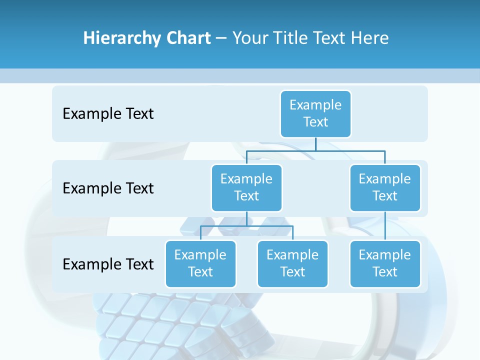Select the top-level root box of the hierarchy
(315, 114)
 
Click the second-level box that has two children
(246, 188)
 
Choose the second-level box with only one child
(385, 188)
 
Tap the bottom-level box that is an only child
(385, 264)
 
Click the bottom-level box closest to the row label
(200, 264)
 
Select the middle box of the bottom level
(292, 264)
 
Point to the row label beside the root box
(108, 113)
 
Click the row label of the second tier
(108, 188)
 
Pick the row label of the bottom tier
(108, 264)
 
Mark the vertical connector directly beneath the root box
(315, 144)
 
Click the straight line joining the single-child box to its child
(385, 226)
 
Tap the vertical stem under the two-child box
(246, 218)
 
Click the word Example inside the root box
(315, 105)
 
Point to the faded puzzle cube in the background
(165, 320)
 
